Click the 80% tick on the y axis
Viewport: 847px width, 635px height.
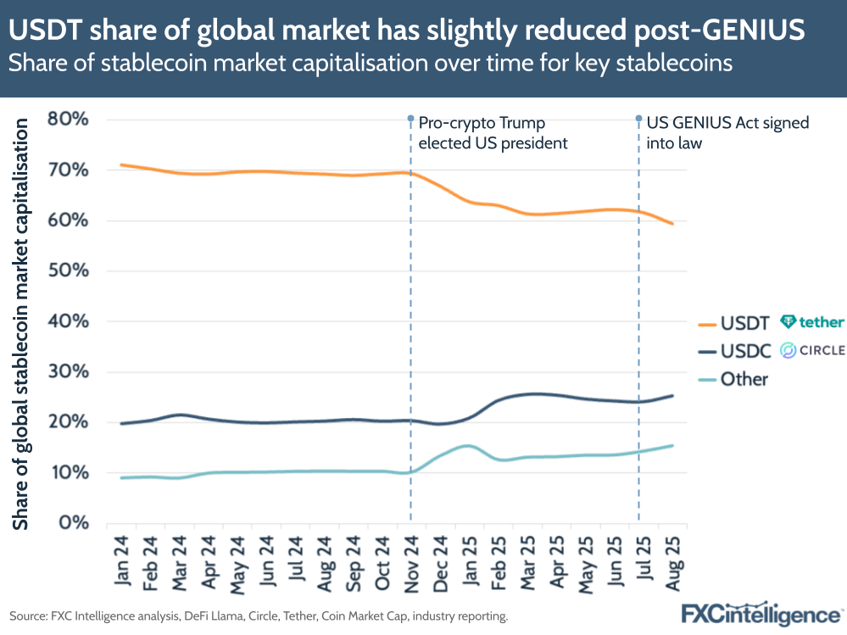68,119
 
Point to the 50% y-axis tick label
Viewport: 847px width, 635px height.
68,271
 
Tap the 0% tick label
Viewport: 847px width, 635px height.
75,523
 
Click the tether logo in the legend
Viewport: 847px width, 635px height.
812,322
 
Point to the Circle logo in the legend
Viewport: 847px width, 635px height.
812,350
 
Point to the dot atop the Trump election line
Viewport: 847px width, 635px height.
411,119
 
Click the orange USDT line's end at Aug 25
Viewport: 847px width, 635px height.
672,224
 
